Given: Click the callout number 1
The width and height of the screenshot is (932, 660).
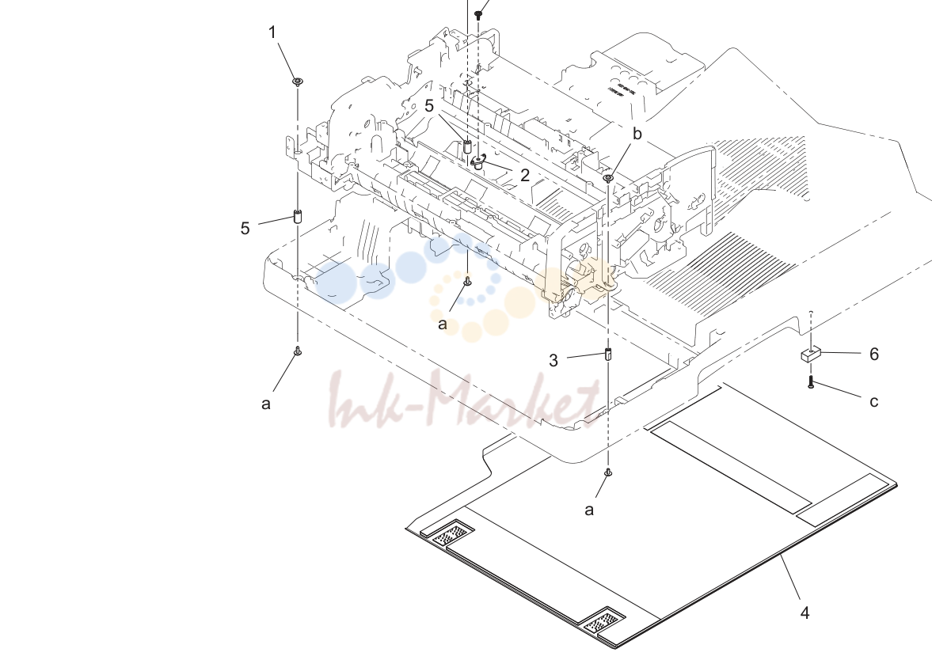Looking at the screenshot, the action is coord(272,32).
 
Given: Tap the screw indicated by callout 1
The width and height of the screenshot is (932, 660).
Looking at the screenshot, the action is coord(298,82).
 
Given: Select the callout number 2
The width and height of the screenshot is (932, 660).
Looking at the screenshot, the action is coord(524,175).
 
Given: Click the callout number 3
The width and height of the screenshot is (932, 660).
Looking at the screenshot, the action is coord(553,361).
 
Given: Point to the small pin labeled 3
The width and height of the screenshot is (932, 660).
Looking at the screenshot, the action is coord(608,354).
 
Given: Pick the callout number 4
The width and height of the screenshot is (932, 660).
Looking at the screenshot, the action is coord(805,613).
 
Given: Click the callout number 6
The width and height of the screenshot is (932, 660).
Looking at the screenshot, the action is coord(873,354).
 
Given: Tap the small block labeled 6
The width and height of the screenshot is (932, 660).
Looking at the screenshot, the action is coord(810,355).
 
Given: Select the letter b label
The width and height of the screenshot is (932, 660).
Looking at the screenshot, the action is coord(637,134).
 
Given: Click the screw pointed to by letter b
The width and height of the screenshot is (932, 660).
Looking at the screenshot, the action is coord(608,177).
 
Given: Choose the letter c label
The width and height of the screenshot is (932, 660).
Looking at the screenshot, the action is coord(873,402).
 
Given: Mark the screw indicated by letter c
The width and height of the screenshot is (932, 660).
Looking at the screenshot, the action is coord(811,382).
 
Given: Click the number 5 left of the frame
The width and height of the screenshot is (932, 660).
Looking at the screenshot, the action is coord(245,228).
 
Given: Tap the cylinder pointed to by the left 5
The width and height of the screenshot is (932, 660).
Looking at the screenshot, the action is coord(298,216).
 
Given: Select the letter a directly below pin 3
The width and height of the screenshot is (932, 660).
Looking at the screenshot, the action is coord(589,510).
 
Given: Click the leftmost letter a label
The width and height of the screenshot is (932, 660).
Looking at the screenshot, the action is coord(266,404).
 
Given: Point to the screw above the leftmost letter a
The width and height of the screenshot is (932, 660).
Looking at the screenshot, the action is coord(298,351).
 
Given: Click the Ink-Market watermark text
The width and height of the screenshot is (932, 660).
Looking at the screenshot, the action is coord(463,399).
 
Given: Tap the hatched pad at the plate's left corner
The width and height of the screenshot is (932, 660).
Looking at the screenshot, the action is coord(452,536).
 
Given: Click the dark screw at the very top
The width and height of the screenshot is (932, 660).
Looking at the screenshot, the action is coord(478,15).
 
